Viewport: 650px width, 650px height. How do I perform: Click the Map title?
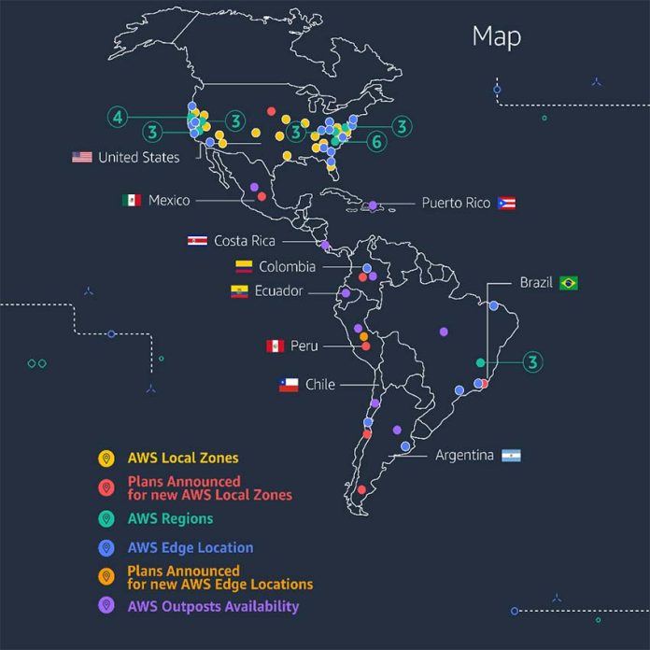[496, 36]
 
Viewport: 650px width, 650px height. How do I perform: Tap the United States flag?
[82, 157]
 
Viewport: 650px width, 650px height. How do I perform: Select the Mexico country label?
[168, 201]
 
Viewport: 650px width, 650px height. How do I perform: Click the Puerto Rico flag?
[507, 203]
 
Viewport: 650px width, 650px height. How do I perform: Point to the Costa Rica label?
[245, 241]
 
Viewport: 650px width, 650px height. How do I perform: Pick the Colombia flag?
[244, 266]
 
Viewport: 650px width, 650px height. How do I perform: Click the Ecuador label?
[279, 291]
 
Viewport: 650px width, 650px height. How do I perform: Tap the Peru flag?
[275, 346]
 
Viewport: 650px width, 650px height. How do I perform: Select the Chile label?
[319, 384]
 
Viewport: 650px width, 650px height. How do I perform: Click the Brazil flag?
[569, 283]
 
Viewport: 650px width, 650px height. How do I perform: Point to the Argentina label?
[464, 456]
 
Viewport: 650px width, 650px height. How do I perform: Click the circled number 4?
[117, 117]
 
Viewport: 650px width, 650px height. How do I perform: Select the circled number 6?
[375, 142]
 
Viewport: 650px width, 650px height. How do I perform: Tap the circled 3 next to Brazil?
[532, 362]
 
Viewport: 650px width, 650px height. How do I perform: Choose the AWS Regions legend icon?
[106, 518]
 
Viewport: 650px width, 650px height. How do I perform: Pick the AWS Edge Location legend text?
[191, 548]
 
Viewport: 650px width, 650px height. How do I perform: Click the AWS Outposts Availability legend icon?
[106, 606]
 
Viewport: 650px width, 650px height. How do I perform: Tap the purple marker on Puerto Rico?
[373, 205]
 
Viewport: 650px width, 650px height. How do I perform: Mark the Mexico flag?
[132, 200]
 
